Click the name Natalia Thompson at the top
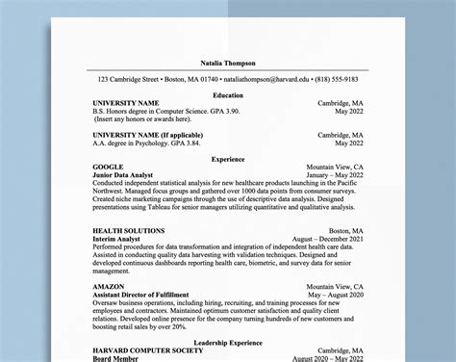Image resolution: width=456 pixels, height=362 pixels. pyautogui.click(x=227, y=63)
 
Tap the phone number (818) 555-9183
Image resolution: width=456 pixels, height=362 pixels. pyautogui.click(x=339, y=78)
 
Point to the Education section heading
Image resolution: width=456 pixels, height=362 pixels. pyautogui.click(x=227, y=95)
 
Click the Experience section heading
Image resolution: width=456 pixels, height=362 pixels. pyautogui.click(x=227, y=159)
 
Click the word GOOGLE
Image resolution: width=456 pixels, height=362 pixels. pyautogui.click(x=108, y=168)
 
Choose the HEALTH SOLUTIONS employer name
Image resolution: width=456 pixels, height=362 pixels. pyautogui.click(x=128, y=231)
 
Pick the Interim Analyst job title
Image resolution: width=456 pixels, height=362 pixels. pyautogui.click(x=117, y=240)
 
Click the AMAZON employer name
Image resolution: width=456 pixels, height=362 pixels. pyautogui.click(x=109, y=287)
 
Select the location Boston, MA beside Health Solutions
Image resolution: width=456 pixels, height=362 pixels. pyautogui.click(x=345, y=231)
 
